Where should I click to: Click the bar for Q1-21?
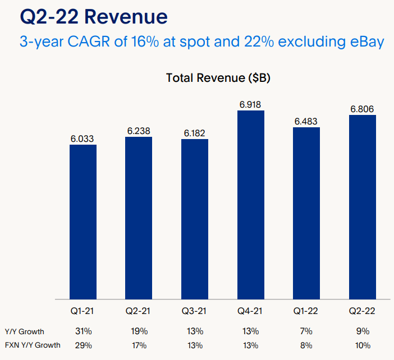(x=83, y=221)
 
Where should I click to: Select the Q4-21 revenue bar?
(x=251, y=205)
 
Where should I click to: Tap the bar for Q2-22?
(x=363, y=207)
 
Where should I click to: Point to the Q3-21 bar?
(x=195, y=219)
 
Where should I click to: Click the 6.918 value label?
(x=251, y=105)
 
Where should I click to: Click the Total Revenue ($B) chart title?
(x=218, y=78)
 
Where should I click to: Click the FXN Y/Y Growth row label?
(x=32, y=345)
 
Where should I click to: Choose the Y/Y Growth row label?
(x=24, y=331)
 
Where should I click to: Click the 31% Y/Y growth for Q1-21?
(x=83, y=331)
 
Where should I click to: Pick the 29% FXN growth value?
(x=83, y=345)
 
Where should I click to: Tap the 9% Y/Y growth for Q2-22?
(x=363, y=331)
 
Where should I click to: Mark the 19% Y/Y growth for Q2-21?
(x=139, y=331)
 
